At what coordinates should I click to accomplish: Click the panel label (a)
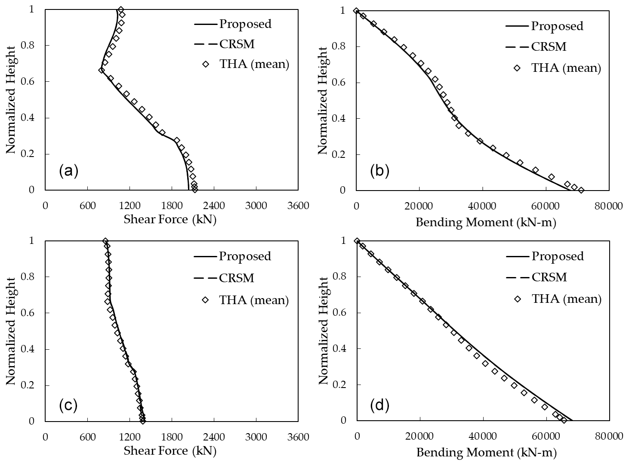coord(68,171)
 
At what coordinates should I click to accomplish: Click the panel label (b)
coord(379,171)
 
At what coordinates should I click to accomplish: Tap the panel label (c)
coord(68,405)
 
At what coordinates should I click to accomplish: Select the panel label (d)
coord(379,405)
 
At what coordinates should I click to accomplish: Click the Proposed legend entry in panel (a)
coord(245,24)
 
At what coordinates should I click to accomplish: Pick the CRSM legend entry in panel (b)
coord(549,46)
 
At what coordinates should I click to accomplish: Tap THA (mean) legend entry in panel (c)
coord(254,300)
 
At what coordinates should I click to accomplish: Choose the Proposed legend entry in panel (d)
coord(558,256)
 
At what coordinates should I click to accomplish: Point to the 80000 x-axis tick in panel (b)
coord(609,206)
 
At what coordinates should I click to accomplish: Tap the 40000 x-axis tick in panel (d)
coord(483,437)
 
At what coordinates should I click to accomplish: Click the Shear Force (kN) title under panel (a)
coord(170,220)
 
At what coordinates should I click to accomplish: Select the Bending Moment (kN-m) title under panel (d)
coord(486,452)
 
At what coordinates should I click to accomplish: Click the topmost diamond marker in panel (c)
coord(105,241)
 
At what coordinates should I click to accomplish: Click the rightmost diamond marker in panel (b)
coord(581,190)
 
